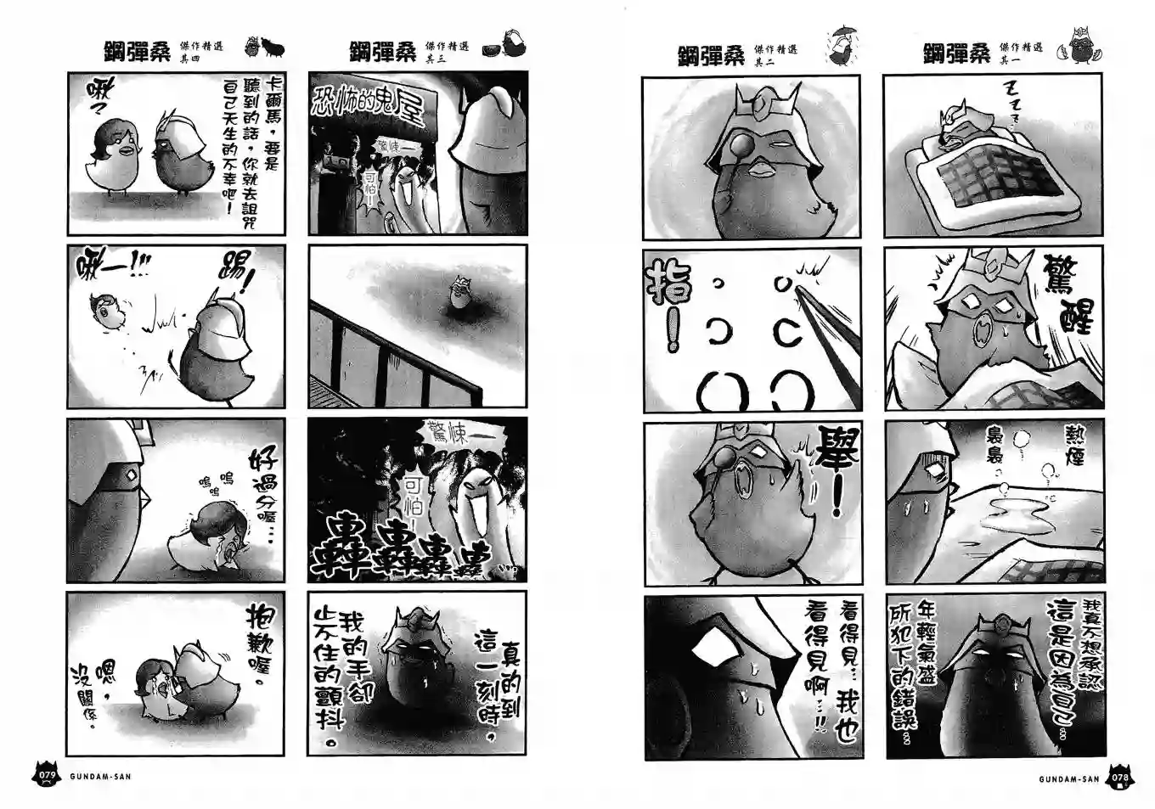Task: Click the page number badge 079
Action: click(x=45, y=775)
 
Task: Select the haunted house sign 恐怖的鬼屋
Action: click(x=370, y=106)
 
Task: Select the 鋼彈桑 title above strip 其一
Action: click(x=956, y=53)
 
